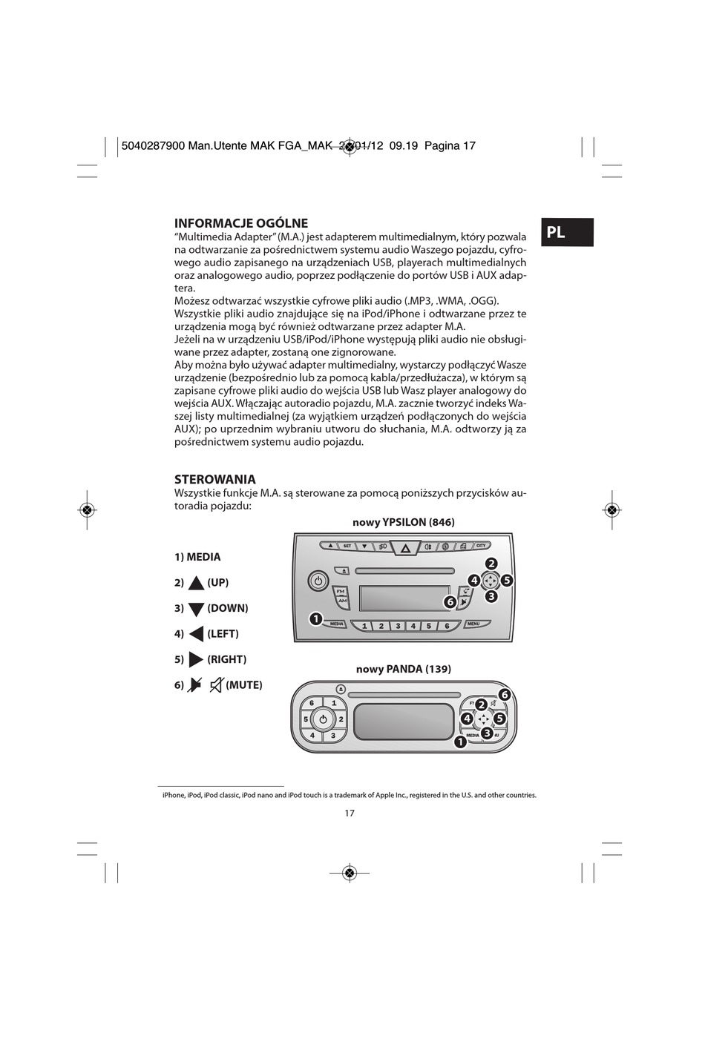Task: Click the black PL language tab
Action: click(567, 232)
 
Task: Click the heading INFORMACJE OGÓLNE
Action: click(240, 223)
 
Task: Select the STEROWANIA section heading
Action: click(214, 479)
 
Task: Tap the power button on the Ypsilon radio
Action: click(318, 581)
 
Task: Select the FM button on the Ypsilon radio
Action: click(341, 591)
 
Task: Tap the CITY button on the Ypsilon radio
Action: click(481, 546)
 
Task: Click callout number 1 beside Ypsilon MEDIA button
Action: click(315, 618)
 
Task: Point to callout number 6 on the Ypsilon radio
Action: click(450, 602)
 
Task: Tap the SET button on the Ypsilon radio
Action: click(347, 546)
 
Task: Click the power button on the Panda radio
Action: click(323, 719)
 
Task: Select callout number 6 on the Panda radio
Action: click(505, 695)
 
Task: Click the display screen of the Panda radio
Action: click(404, 721)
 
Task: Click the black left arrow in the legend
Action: click(196, 634)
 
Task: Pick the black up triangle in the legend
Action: click(196, 584)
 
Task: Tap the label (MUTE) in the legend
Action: click(244, 685)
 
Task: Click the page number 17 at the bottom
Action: click(350, 813)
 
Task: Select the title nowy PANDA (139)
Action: click(403, 669)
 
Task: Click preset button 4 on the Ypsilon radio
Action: click(413, 626)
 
